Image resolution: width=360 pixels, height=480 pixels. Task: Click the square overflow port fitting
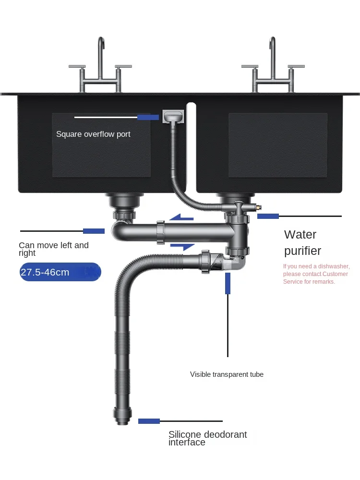click(x=174, y=117)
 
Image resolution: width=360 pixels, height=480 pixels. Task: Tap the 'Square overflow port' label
click(x=93, y=134)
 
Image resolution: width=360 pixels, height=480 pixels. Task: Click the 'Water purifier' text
click(x=302, y=242)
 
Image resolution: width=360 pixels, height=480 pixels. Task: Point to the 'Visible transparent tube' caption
click(x=227, y=374)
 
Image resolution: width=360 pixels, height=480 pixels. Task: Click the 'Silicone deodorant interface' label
click(x=207, y=438)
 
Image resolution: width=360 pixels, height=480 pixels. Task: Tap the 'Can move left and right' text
click(x=53, y=249)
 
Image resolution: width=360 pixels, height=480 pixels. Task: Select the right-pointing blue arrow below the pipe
click(x=182, y=247)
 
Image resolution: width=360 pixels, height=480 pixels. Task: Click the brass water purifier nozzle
click(x=258, y=207)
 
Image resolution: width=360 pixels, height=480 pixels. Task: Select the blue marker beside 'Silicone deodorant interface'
click(x=149, y=421)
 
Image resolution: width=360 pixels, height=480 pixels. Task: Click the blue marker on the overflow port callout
click(x=148, y=117)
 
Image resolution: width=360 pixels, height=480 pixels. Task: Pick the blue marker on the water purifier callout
click(x=268, y=216)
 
